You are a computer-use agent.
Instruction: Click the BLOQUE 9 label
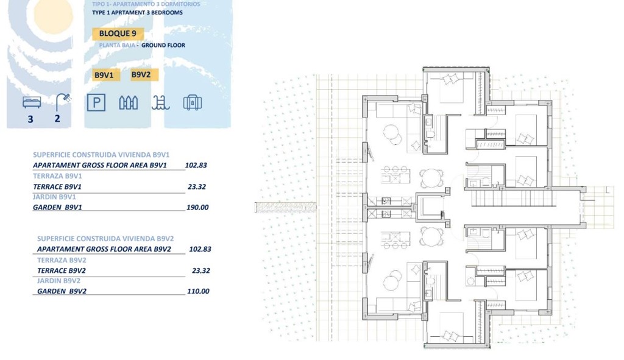pyautogui.click(x=118, y=34)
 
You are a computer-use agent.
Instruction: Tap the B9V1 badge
pyautogui.click(x=104, y=76)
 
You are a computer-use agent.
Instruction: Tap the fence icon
pyautogui.click(x=128, y=102)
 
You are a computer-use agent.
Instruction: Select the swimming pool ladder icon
pyautogui.click(x=160, y=102)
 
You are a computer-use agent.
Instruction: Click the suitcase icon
pyautogui.click(x=193, y=102)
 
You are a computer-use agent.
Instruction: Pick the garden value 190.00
pyautogui.click(x=197, y=207)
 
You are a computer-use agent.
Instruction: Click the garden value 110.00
pyautogui.click(x=197, y=291)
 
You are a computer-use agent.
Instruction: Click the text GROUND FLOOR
pyautogui.click(x=163, y=45)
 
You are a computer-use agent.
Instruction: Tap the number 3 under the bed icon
pyautogui.click(x=30, y=119)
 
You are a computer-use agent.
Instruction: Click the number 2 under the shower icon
pyautogui.click(x=58, y=119)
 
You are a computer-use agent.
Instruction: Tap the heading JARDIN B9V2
pyautogui.click(x=58, y=281)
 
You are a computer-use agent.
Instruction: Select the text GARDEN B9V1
pyautogui.click(x=57, y=207)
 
